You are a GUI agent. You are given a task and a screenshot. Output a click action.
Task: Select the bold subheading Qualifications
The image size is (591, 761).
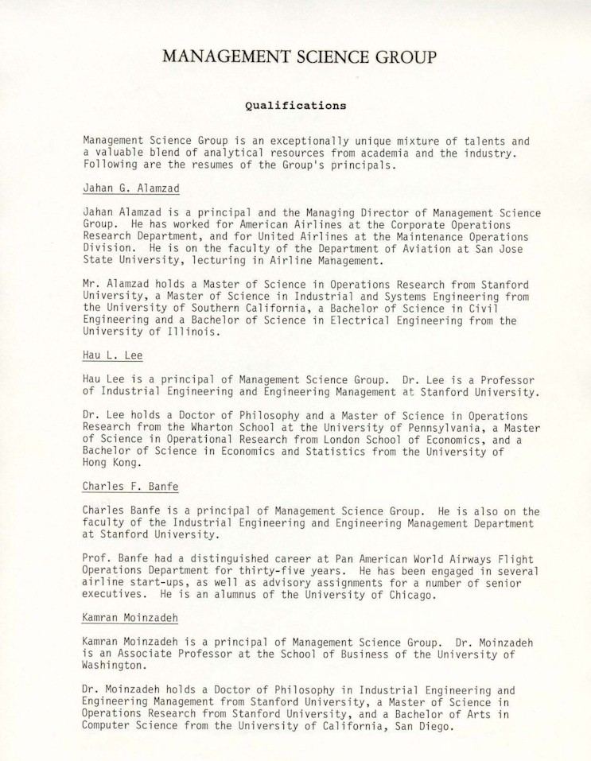[x=295, y=104]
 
